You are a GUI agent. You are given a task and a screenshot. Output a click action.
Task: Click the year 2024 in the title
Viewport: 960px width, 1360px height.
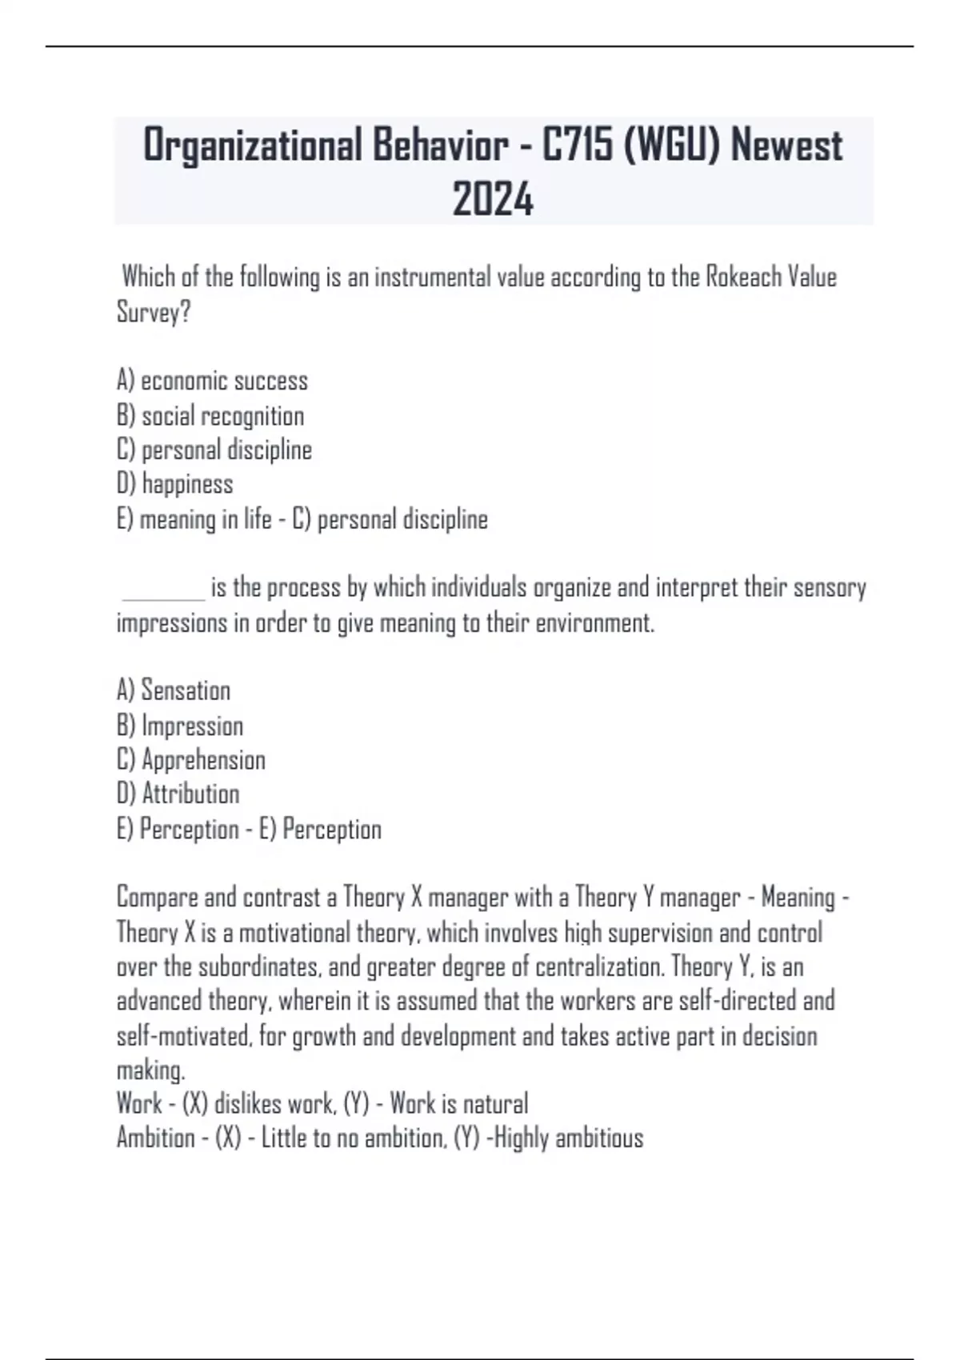492,199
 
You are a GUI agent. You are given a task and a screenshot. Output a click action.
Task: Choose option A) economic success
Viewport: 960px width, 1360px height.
212,381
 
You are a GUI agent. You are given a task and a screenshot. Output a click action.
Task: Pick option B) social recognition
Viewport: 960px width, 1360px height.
210,416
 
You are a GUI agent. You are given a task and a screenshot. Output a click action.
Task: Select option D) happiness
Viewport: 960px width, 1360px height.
175,484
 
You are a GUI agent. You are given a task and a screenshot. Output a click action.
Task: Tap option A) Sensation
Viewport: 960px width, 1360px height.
174,690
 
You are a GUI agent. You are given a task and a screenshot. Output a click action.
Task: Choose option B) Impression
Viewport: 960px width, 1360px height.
180,726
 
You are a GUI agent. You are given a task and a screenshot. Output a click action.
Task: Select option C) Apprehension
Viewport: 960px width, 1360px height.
191,760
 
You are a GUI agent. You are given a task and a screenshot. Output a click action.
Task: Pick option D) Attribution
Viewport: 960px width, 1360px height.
178,794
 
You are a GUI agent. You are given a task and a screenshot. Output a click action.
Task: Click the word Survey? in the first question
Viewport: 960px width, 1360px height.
154,312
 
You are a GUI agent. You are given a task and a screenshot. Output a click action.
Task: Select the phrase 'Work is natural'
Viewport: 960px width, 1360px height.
458,1104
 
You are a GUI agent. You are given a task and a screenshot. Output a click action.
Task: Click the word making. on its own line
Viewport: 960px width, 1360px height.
150,1070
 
